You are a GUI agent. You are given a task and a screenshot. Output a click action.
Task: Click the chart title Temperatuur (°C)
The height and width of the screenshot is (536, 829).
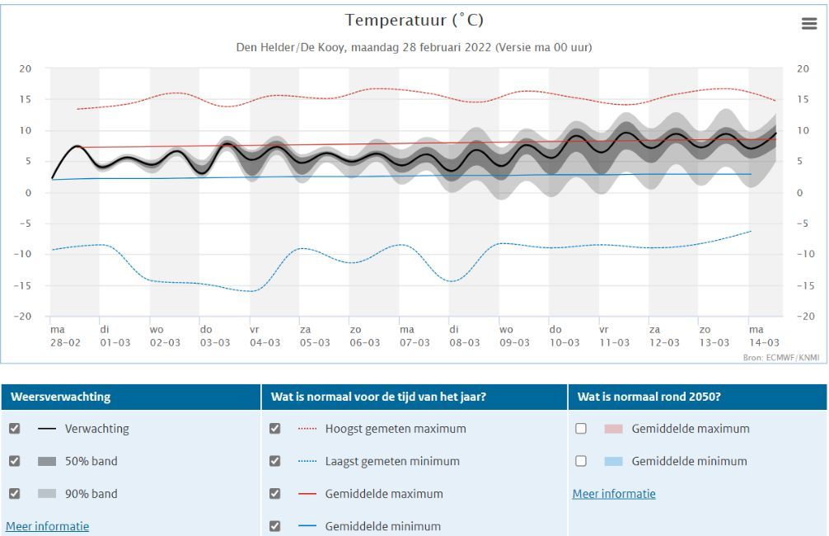tap(414, 20)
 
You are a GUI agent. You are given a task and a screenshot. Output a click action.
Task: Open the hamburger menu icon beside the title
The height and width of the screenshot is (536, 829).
tap(809, 23)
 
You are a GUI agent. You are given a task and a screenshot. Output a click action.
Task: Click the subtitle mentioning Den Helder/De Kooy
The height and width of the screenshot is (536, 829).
tap(414, 47)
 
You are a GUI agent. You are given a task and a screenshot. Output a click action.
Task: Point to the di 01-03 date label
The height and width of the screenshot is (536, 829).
tap(115, 336)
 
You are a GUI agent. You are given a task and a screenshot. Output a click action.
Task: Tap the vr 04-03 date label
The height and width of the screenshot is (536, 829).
tap(265, 336)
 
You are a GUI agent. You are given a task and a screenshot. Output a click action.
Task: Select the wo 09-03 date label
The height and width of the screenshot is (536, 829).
tap(514, 336)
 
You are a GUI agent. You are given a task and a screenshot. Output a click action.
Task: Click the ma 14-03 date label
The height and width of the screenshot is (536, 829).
tap(764, 336)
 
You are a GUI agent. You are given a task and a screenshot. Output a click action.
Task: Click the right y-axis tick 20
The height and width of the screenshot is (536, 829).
tap(803, 68)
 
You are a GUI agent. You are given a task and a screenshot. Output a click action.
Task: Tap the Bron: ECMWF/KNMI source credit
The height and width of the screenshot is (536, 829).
tap(781, 358)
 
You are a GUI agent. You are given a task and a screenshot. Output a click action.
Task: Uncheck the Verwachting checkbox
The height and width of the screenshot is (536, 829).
tap(15, 428)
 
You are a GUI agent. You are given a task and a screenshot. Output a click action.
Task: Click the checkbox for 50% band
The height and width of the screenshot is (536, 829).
tap(15, 461)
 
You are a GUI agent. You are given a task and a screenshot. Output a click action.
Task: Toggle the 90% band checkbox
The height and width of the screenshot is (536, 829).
tap(15, 493)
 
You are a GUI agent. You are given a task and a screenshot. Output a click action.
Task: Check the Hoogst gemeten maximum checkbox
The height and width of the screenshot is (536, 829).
tap(275, 428)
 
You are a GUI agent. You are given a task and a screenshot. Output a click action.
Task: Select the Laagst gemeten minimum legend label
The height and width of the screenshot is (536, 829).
tap(392, 462)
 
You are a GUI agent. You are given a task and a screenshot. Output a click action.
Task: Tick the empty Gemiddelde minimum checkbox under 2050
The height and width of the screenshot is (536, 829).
tap(581, 461)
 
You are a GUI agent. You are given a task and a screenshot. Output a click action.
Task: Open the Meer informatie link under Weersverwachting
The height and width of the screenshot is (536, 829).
tap(48, 526)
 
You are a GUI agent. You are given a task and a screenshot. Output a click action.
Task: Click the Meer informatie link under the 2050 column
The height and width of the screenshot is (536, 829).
tap(614, 494)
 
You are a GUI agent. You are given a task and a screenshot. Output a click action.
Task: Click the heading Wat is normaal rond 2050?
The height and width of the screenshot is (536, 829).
tap(649, 397)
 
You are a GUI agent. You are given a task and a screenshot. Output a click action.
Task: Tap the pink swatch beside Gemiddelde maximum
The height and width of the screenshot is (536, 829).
tap(613, 429)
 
